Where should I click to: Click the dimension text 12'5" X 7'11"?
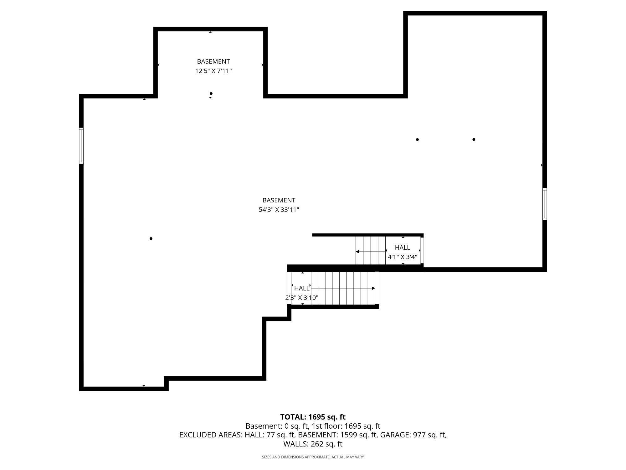(x=213, y=71)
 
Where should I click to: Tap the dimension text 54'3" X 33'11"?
(x=279, y=210)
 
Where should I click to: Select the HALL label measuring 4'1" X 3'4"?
(x=403, y=248)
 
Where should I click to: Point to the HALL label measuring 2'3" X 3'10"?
(x=302, y=288)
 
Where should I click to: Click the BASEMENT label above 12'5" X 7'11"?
(x=213, y=61)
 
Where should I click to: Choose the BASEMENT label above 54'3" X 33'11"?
(x=279, y=200)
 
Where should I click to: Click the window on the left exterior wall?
(x=81, y=146)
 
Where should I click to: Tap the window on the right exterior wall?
(x=545, y=204)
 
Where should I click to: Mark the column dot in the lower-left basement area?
(x=151, y=238)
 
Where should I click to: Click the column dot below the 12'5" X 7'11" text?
(x=211, y=93)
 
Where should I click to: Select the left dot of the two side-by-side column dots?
(x=417, y=139)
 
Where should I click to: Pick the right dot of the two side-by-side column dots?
(x=474, y=139)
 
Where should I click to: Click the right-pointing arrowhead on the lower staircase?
(x=373, y=288)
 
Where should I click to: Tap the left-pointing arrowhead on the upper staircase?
(x=357, y=252)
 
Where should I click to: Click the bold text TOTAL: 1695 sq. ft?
(x=313, y=417)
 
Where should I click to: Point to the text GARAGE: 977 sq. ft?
(x=413, y=435)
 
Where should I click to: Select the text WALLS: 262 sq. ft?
(x=313, y=444)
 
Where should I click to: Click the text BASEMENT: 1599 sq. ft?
(x=337, y=435)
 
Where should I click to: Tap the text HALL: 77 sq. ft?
(x=270, y=435)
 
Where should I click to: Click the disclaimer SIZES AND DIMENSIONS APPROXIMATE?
(x=296, y=457)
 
